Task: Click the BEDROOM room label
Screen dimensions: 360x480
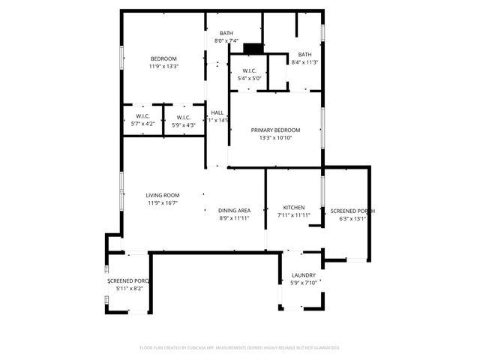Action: [x=163, y=59]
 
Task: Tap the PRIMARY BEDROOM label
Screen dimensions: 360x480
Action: [x=275, y=130]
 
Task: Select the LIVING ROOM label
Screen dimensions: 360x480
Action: [x=163, y=195]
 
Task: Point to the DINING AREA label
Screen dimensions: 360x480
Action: [x=234, y=211]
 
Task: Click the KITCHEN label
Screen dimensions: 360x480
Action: [x=293, y=207]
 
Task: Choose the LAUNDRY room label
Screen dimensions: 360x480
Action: [x=303, y=275]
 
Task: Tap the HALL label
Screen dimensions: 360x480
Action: [x=217, y=112]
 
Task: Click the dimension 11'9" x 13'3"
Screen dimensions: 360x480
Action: [x=163, y=67]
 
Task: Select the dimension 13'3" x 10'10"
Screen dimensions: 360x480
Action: [x=275, y=138]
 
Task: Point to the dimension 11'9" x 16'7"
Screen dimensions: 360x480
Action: [x=163, y=202]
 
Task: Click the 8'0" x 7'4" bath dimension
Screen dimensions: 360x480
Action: [x=226, y=41]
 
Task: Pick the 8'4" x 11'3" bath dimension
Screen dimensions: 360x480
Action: [x=304, y=62]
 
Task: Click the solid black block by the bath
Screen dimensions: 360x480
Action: [x=254, y=49]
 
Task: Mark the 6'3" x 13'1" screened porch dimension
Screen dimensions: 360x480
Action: [x=352, y=220]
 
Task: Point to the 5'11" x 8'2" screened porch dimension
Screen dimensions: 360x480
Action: [x=129, y=288]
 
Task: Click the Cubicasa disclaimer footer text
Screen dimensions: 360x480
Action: [x=240, y=347]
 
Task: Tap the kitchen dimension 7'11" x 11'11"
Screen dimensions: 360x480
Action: [x=293, y=215]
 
